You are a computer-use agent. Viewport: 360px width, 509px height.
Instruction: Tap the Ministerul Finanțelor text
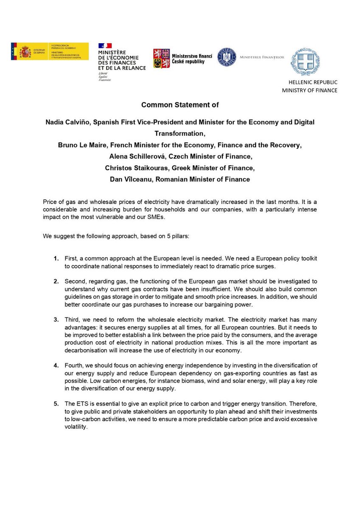click(262, 57)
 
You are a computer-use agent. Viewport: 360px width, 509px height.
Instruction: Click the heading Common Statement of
click(180, 105)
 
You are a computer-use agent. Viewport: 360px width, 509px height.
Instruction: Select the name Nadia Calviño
click(67, 122)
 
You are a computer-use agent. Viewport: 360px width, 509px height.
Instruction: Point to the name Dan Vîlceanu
click(129, 180)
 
